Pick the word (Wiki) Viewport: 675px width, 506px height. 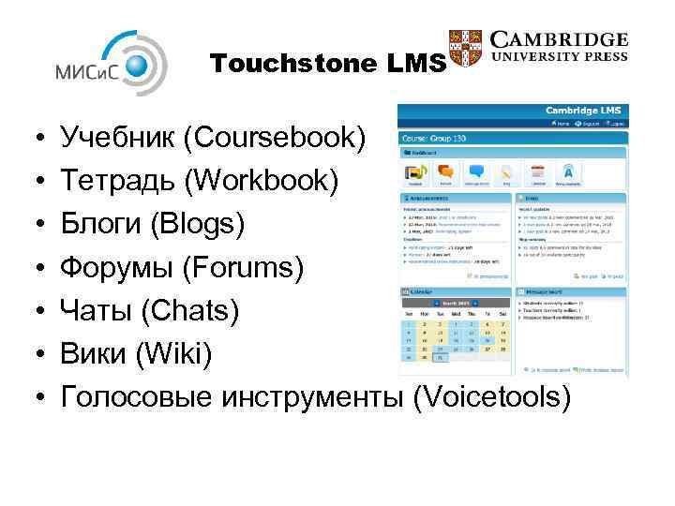tap(179, 354)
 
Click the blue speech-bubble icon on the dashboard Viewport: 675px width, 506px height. tap(476, 171)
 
